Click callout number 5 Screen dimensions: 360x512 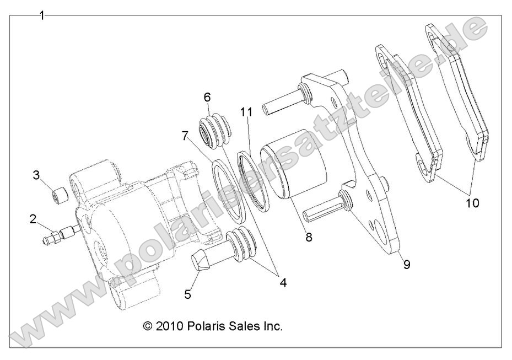pyautogui.click(x=188, y=294)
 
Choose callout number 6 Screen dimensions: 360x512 pyautogui.click(x=207, y=97)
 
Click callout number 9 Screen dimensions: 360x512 pyautogui.click(x=406, y=265)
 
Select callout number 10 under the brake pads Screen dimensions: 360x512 pyautogui.click(x=472, y=202)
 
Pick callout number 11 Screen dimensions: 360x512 pyautogui.click(x=246, y=112)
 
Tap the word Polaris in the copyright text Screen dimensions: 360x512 pyautogui.click(x=203, y=326)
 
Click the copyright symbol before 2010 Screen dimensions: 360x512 pyautogui.click(x=147, y=326)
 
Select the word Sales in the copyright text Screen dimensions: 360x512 pyautogui.click(x=241, y=326)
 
